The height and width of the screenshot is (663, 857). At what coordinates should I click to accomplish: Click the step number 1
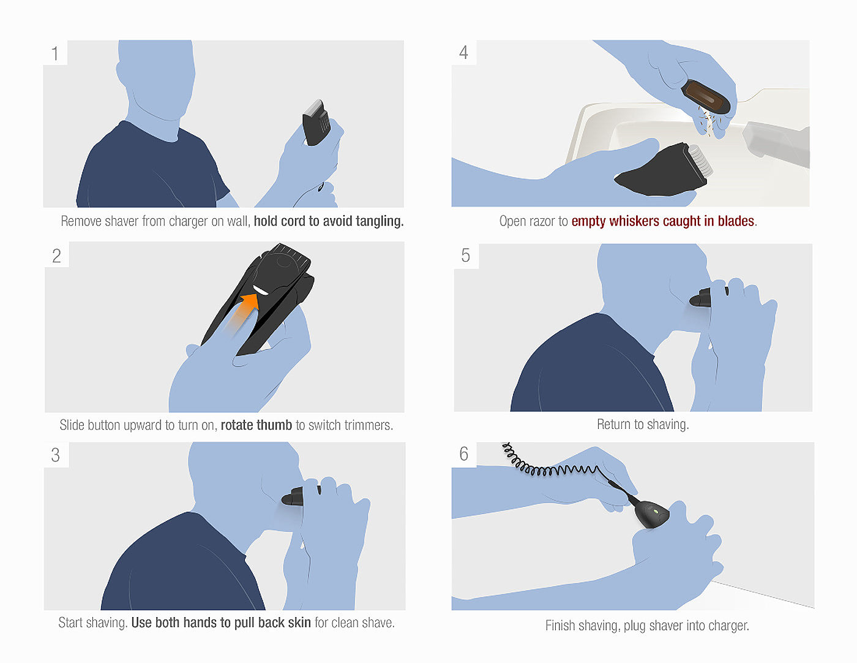[x=55, y=54]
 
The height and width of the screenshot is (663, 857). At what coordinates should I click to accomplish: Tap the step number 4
[x=464, y=52]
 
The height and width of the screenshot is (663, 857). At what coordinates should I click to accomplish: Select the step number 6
[x=464, y=453]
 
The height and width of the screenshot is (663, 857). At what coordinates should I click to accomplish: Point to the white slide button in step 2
[x=261, y=290]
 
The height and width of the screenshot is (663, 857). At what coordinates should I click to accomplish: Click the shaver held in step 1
[x=316, y=123]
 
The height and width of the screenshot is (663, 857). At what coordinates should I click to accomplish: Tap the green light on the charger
[x=655, y=512]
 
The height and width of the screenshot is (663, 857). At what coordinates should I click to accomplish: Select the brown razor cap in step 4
[x=706, y=96]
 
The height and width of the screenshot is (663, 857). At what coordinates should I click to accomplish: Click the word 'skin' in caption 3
[x=299, y=623]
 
